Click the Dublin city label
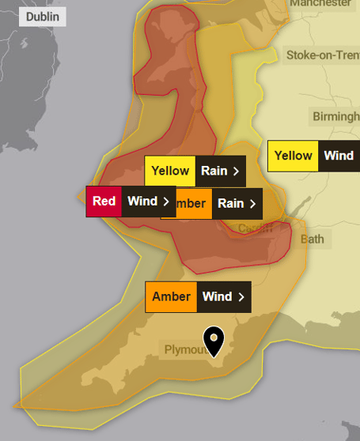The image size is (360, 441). pos(42,17)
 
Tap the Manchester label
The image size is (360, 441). pos(320,3)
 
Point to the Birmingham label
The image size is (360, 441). pos(336,116)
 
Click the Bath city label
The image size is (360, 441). pos(313,238)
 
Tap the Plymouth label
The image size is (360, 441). pos(185,349)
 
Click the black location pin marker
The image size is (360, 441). pos(214,340)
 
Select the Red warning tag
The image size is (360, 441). pos(104,201)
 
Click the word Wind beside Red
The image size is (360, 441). pos(142,201)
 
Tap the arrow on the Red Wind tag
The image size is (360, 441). pos(166,202)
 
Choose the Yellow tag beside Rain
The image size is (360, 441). pos(170,171)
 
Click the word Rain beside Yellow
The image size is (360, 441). pos(214,171)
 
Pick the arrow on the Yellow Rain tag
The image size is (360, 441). pos(236,171)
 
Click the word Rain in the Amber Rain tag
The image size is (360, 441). pos(230,203)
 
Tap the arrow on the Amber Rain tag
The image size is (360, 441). pos(252,204)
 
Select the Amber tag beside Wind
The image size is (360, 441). pos(171,296)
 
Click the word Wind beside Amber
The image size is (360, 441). pos(217,296)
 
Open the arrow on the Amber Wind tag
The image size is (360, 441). pos(241,297)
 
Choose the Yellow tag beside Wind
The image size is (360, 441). pos(293,156)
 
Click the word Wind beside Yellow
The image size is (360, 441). pos(339,156)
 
